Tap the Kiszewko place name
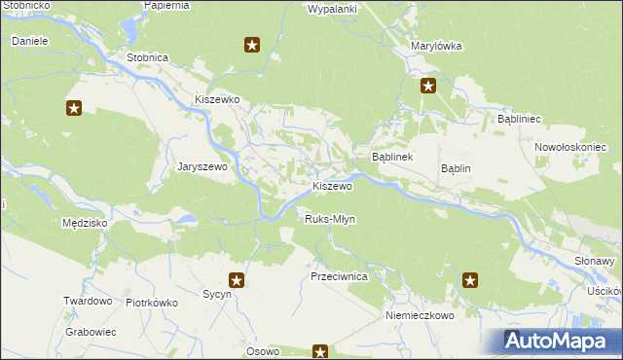tap(217, 99)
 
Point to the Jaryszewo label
tap(202, 166)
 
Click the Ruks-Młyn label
tap(330, 219)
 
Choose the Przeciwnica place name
tap(339, 276)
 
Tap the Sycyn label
tap(216, 293)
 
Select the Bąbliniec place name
tap(519, 118)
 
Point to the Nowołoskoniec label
tap(570, 147)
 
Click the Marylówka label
tap(436, 46)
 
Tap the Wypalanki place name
tap(333, 9)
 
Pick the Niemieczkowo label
tap(421, 316)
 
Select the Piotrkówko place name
tap(152, 302)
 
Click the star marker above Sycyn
tap(236, 280)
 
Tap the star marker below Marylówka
tap(427, 87)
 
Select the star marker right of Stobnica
tap(252, 44)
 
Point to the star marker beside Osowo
tap(319, 351)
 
